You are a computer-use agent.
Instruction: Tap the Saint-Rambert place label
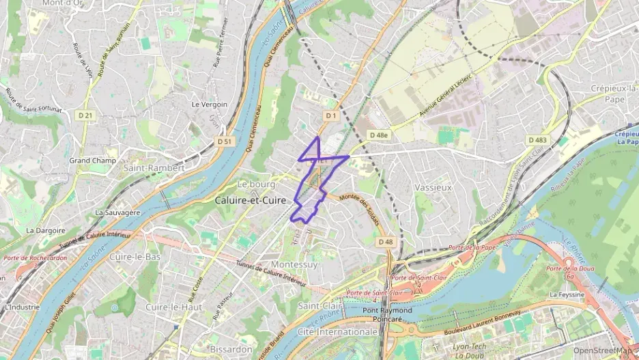154,167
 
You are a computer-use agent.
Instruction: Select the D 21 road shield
85,115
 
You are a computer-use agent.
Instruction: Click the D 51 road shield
225,141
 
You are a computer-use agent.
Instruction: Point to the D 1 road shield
331,116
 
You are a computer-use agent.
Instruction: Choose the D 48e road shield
379,135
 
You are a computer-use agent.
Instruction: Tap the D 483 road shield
537,140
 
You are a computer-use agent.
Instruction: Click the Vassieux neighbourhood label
434,187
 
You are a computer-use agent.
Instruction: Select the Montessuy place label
295,264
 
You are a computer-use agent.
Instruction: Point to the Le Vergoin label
210,105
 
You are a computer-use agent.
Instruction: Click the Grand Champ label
93,161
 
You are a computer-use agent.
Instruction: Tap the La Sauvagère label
117,212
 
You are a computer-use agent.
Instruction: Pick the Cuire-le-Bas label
134,257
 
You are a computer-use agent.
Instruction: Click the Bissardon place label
231,348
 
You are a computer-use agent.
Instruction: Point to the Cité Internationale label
338,331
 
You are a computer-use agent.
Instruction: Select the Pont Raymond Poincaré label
388,315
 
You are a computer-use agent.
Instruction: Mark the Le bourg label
256,184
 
